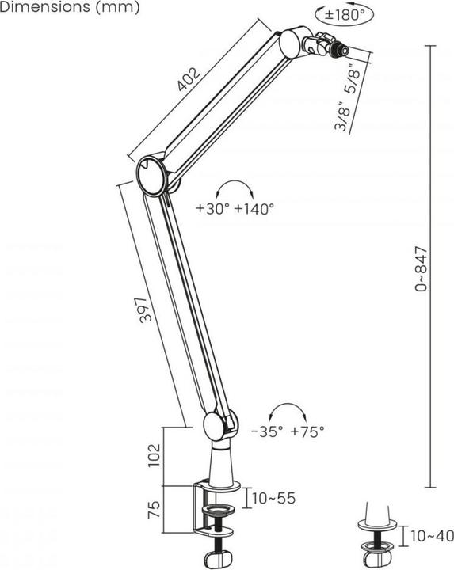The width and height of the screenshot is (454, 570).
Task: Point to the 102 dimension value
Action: point(155,454)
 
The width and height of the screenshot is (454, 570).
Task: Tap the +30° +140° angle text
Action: point(235,208)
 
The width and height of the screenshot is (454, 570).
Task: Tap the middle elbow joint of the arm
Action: point(151,175)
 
